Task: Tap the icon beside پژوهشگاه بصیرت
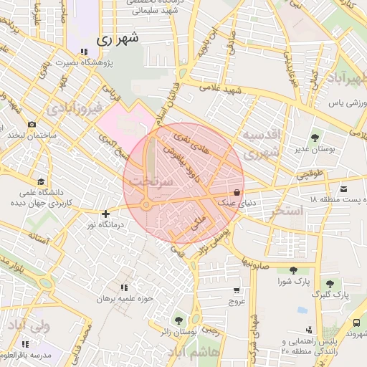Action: point(84,52)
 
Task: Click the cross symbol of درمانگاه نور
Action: point(106,213)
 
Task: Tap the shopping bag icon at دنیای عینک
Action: point(237,192)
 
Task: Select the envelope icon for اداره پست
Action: point(345,189)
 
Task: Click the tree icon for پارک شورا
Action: point(292,270)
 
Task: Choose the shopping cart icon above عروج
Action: point(237,290)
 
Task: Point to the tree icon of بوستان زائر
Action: point(178,320)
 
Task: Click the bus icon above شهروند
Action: point(356,323)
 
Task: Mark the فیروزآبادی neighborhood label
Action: point(70,109)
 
